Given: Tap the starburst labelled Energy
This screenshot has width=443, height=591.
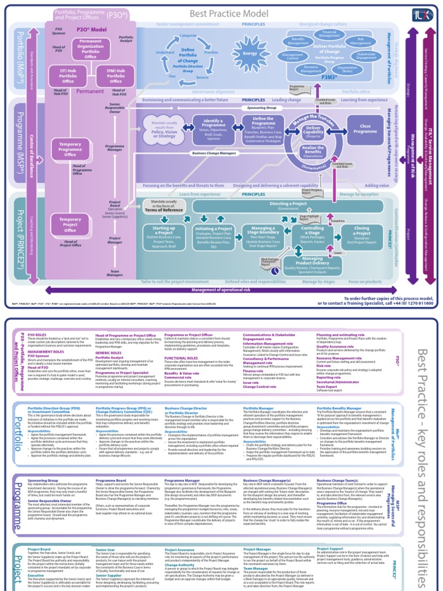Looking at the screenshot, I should (x=250, y=54).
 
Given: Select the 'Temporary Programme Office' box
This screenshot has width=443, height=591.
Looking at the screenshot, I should (x=70, y=150).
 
